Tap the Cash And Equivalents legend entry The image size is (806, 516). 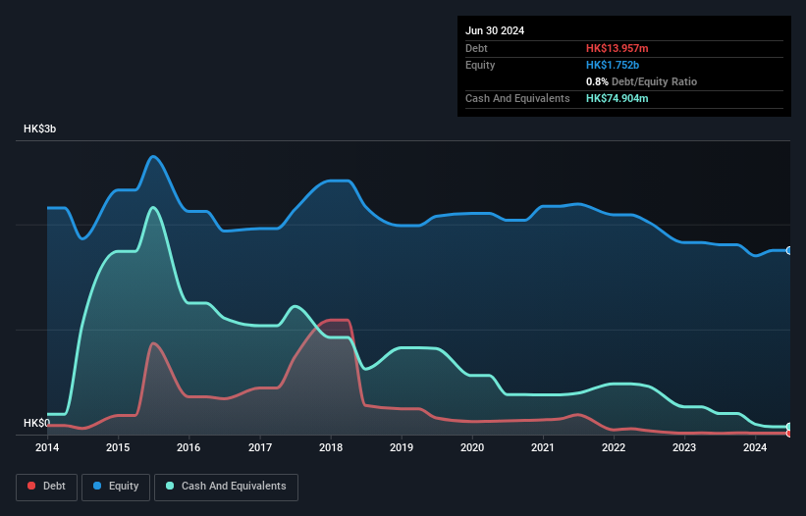226,486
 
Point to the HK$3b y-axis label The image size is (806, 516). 40,129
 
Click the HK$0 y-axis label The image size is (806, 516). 37,423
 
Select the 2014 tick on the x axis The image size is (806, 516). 47,448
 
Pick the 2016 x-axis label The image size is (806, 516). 188,448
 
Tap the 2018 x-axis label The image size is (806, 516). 331,448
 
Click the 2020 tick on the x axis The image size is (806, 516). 472,448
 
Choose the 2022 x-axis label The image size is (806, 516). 614,448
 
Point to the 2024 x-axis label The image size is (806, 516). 755,448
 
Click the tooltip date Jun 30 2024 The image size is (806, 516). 495,30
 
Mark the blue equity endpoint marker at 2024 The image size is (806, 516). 789,250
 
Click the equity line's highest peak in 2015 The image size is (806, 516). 153,156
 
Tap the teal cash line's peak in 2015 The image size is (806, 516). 153,207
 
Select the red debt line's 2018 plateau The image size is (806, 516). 337,320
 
